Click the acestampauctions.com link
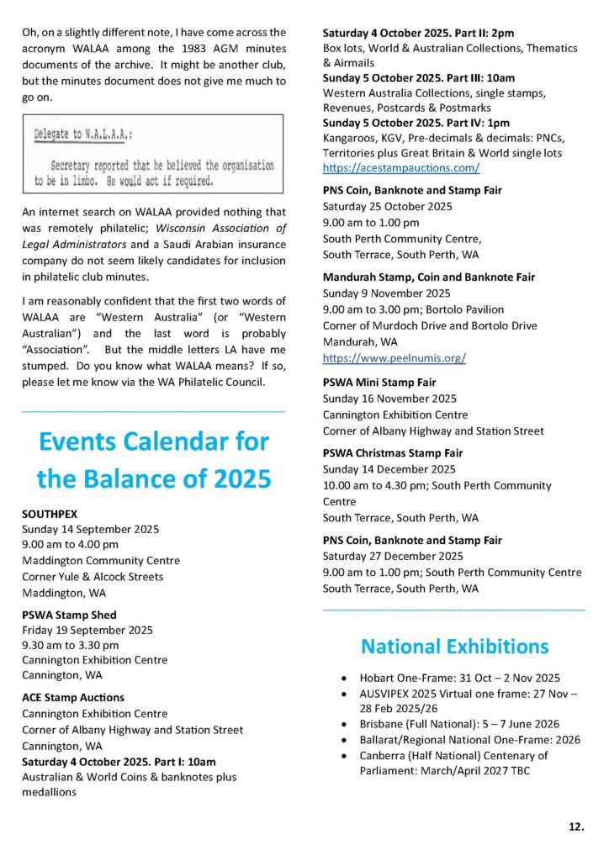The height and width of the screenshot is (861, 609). click(401, 167)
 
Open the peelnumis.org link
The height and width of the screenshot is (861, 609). click(395, 357)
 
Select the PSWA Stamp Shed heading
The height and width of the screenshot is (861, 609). click(69, 615)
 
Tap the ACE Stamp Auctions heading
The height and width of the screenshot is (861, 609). click(73, 697)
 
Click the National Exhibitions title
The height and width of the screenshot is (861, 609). click(454, 647)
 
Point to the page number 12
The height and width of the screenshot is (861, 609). click(575, 827)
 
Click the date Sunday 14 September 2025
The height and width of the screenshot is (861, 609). click(90, 529)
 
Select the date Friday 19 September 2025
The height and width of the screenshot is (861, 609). click(87, 630)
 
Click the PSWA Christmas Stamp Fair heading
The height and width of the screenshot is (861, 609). click(393, 453)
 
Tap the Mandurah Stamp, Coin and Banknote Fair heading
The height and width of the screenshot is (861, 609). click(429, 277)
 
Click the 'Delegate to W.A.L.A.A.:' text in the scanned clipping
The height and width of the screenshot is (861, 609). click(88, 135)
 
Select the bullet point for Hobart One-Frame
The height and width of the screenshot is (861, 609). click(345, 679)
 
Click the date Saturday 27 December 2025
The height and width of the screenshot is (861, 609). click(393, 557)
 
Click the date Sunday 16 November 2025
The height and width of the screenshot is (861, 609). click(389, 399)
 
